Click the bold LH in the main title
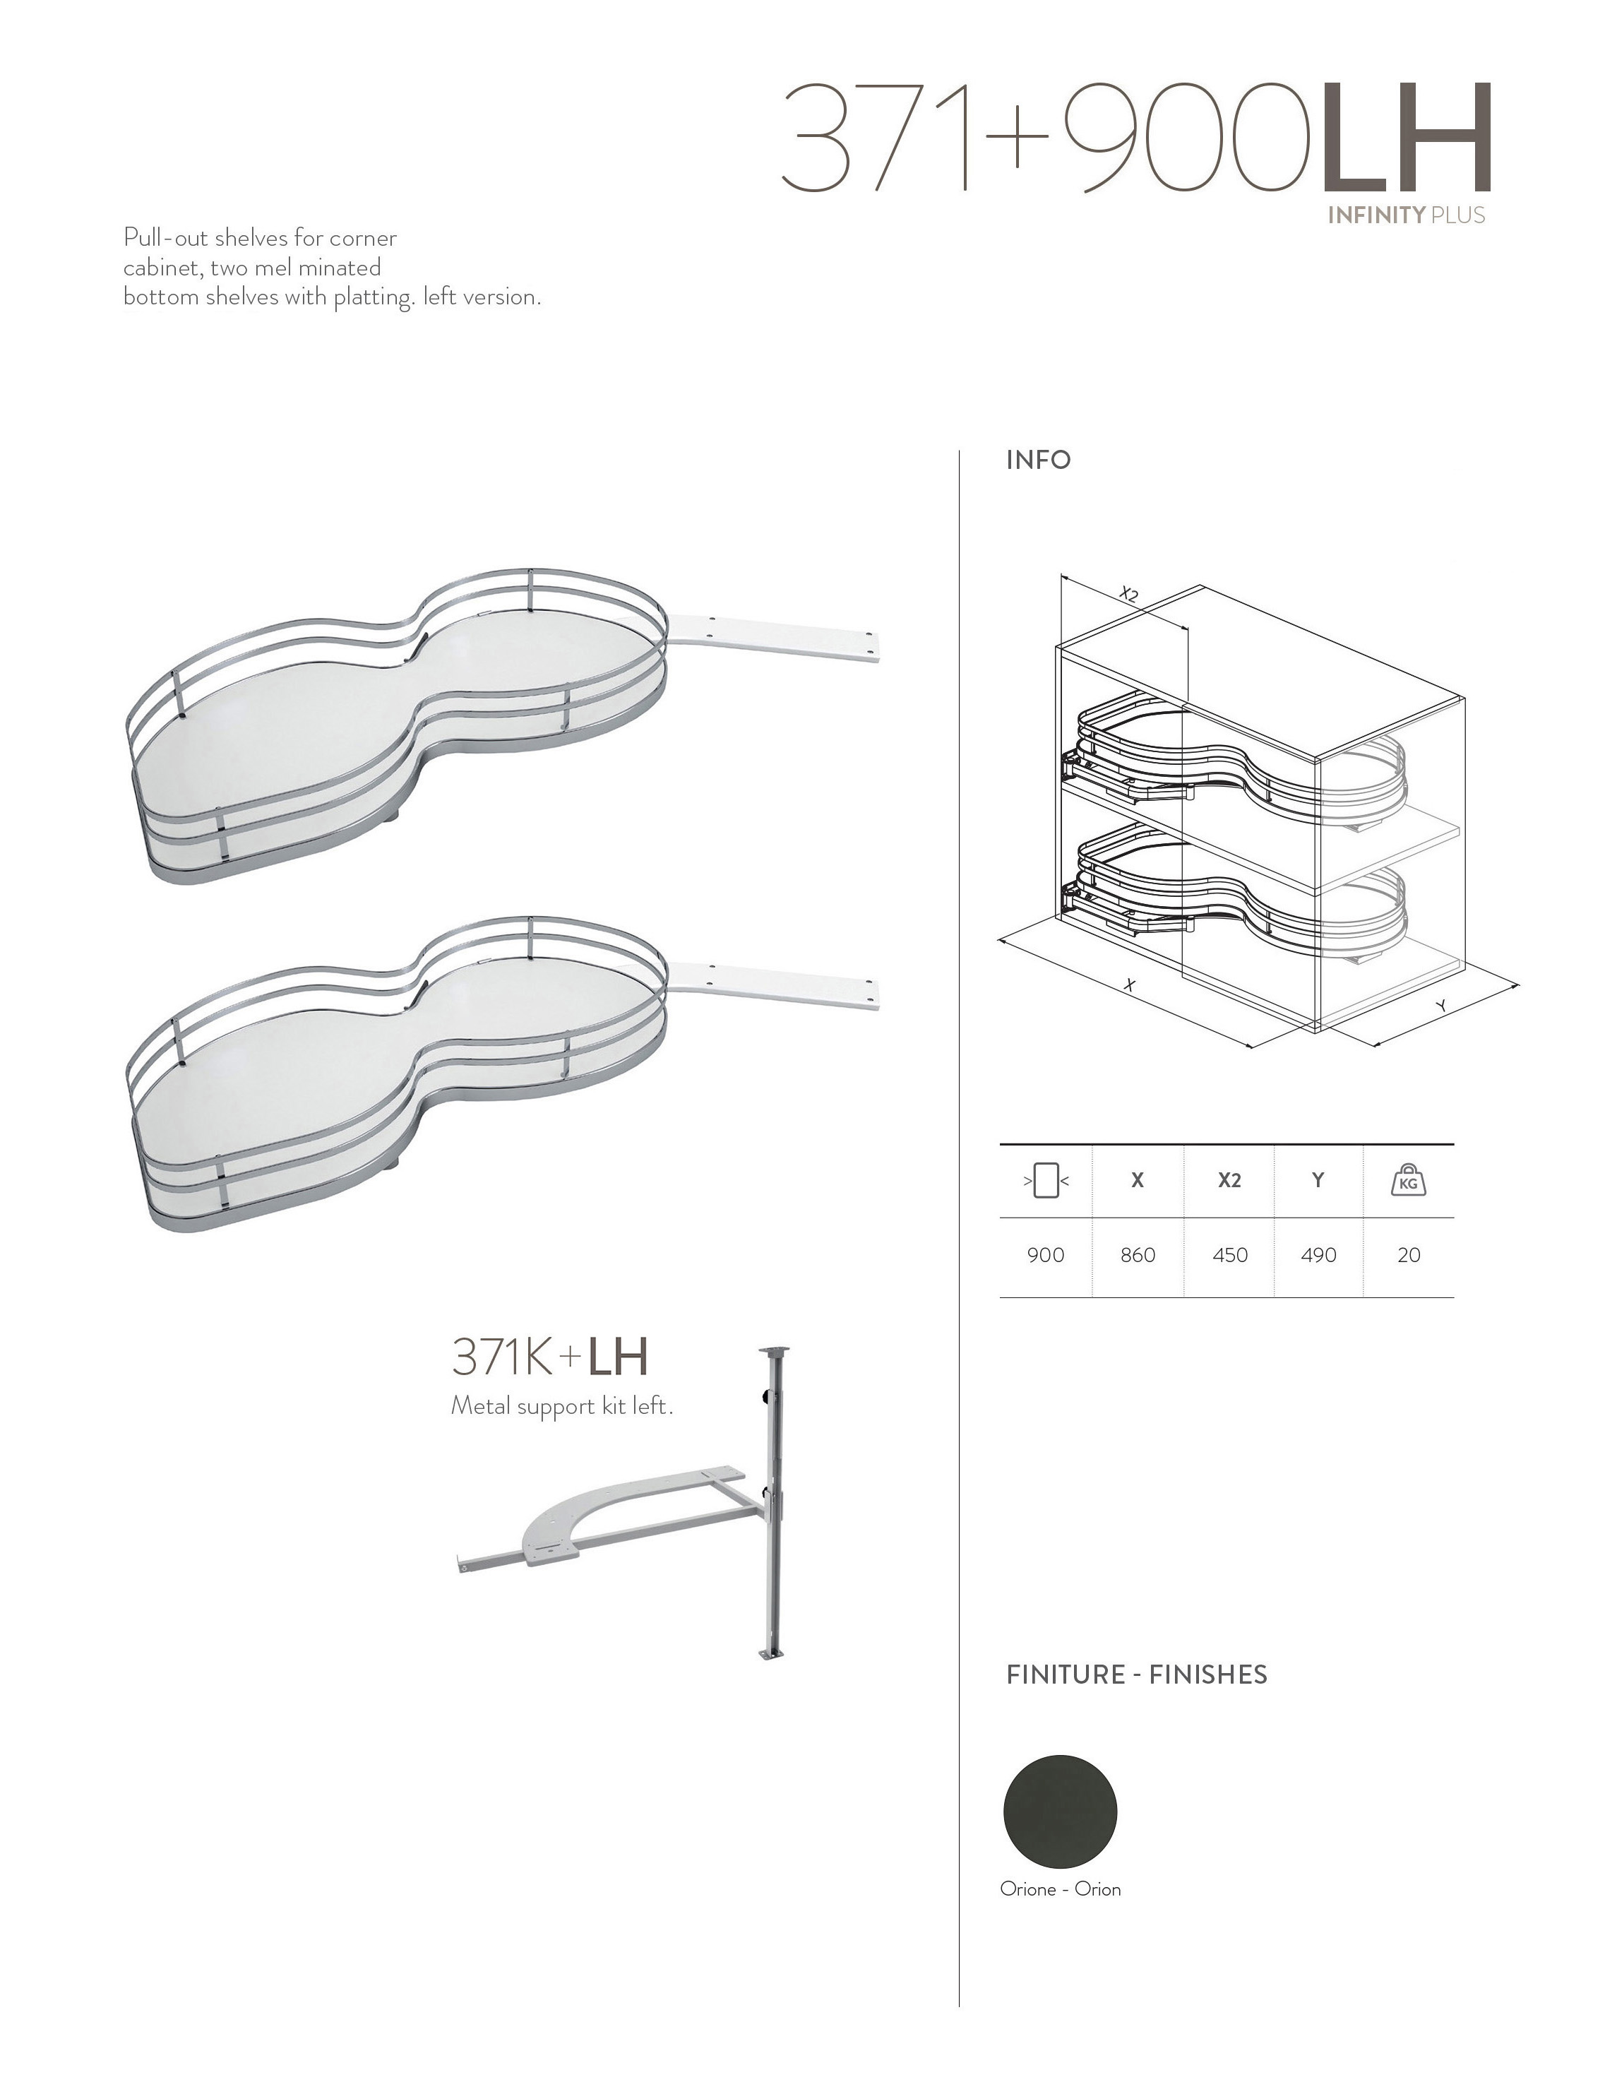(x=1405, y=138)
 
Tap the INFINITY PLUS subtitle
(x=1407, y=215)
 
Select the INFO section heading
(x=1039, y=460)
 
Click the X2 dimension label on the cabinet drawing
(x=1128, y=594)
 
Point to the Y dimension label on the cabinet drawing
(x=1441, y=1005)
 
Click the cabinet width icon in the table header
(x=1046, y=1181)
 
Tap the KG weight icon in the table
(x=1409, y=1181)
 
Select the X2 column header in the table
(x=1229, y=1180)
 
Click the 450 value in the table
(x=1229, y=1256)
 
